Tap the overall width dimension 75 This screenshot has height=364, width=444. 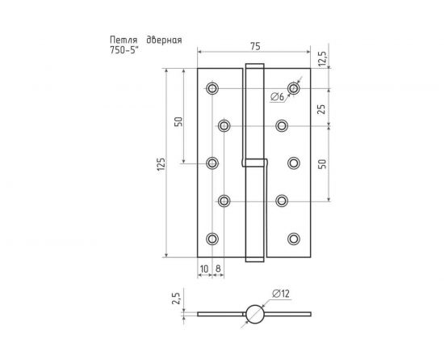tap(253, 46)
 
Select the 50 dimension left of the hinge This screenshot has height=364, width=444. tap(178, 122)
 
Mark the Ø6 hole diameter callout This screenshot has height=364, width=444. tap(277, 97)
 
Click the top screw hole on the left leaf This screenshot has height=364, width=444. tap(212, 88)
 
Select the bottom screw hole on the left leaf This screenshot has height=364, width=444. tap(212, 238)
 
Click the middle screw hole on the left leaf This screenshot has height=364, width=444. tap(212, 163)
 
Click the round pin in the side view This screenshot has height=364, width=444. tap(253, 313)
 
